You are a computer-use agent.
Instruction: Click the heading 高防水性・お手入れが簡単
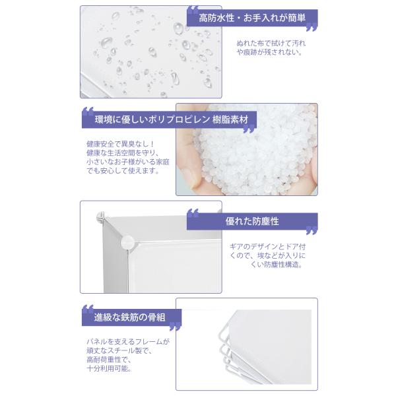click(x=252, y=18)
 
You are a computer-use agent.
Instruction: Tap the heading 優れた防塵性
click(x=252, y=221)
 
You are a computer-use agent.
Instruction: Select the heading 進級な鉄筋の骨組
click(x=129, y=317)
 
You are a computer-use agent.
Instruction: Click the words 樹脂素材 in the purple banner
click(x=230, y=119)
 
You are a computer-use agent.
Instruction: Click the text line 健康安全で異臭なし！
click(x=120, y=144)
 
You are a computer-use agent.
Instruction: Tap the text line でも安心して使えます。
click(x=123, y=171)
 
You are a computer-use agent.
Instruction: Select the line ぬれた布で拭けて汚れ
click(x=271, y=43)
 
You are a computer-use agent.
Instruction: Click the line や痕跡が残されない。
click(x=269, y=52)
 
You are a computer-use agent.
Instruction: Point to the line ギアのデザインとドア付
click(x=267, y=246)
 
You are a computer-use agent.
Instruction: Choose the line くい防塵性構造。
click(x=277, y=265)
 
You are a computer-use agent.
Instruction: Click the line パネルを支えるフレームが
click(x=128, y=342)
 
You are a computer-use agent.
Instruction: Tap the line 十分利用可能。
click(x=110, y=368)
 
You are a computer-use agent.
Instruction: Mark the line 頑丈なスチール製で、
click(x=119, y=350)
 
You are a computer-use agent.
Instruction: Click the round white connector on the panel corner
click(x=127, y=242)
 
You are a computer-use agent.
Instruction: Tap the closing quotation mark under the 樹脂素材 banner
click(x=249, y=129)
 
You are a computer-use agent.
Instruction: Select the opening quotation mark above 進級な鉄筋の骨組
click(x=88, y=309)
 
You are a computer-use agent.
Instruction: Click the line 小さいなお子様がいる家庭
click(x=128, y=162)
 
